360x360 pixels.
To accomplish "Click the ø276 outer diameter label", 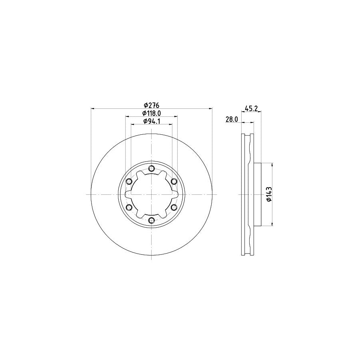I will coord(152,105).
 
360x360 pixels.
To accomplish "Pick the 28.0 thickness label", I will coord(232,119).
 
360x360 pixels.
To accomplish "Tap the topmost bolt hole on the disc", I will coord(151,168).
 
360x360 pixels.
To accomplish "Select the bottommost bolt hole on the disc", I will coord(151,221).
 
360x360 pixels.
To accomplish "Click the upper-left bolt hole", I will coord(129,182).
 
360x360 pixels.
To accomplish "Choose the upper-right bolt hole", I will coord(174,182).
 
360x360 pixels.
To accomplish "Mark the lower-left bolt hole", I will coord(129,208).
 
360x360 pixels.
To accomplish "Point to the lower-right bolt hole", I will coord(174,208).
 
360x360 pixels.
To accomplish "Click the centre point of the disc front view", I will coord(151,194).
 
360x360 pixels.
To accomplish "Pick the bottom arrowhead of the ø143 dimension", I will coord(272,224).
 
